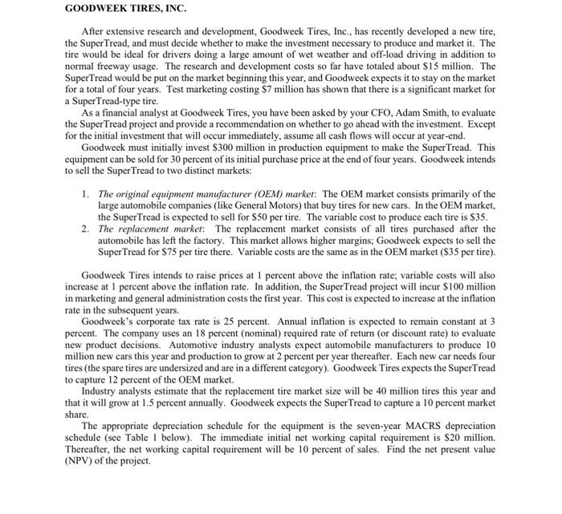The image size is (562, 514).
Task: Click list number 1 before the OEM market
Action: tap(86, 194)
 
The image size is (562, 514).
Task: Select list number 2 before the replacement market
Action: tap(86, 229)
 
